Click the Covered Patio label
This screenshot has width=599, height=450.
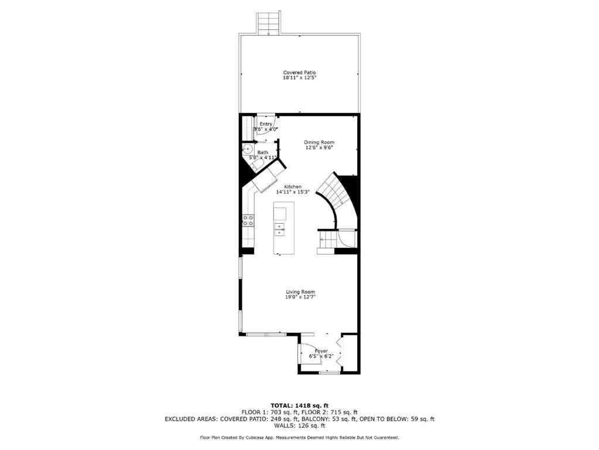[299, 72]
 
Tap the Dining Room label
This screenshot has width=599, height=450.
[319, 142]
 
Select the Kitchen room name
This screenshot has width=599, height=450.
[293, 186]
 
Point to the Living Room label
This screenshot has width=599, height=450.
[300, 292]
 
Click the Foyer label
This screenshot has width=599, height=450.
[321, 350]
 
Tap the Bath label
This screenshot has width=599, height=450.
[262, 152]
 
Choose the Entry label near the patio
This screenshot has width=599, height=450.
[266, 124]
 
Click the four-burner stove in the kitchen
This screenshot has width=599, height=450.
[248, 221]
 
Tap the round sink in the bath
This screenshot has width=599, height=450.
[247, 149]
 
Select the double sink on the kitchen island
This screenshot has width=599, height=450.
[280, 229]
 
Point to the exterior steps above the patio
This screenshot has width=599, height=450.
[269, 23]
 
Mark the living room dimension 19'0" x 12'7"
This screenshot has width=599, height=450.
[300, 297]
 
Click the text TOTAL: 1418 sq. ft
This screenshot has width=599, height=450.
[299, 405]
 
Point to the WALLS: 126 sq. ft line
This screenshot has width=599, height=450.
[299, 426]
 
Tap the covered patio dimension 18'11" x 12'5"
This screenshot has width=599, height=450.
[299, 77]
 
